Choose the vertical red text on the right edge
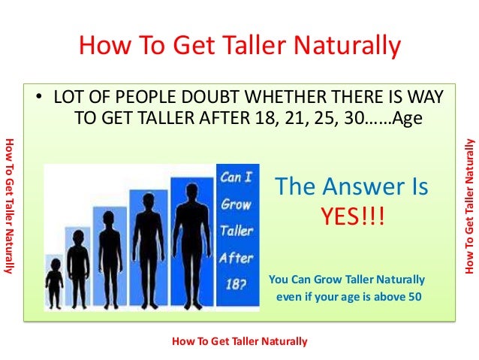[x=470, y=204]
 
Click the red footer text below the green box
[x=239, y=341]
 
